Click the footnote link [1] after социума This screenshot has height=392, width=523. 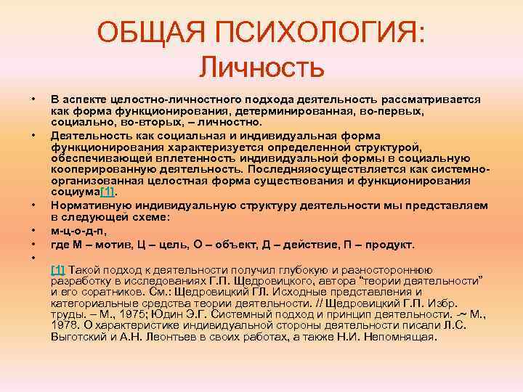click(x=106, y=191)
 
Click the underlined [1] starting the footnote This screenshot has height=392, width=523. click(x=57, y=269)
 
